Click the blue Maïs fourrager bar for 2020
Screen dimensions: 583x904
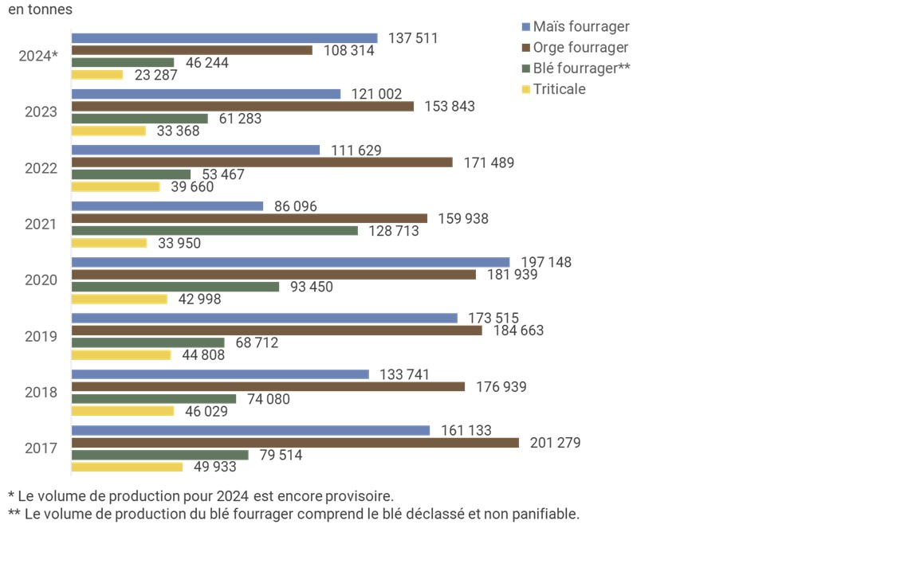(290, 262)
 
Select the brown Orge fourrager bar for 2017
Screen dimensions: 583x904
(295, 443)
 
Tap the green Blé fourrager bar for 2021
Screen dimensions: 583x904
(214, 231)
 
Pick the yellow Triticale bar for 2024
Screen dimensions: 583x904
(97, 75)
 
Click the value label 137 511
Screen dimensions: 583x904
(413, 38)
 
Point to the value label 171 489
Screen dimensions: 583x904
(489, 162)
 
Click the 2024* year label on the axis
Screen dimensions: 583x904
(38, 57)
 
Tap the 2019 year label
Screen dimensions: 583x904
(41, 336)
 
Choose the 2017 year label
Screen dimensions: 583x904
(41, 448)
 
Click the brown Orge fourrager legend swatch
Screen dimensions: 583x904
(525, 49)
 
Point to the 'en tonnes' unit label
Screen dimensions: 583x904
(39, 10)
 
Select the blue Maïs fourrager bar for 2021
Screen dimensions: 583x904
(167, 206)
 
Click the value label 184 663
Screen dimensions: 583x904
(518, 331)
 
